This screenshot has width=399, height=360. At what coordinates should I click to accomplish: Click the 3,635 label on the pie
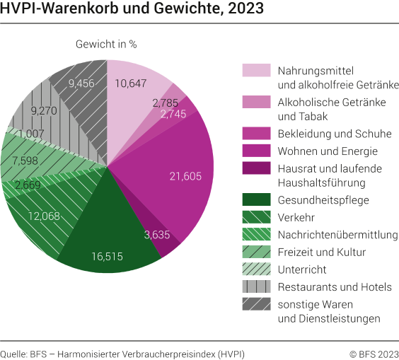[x=156, y=234]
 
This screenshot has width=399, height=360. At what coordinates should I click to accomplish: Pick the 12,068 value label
[x=44, y=215]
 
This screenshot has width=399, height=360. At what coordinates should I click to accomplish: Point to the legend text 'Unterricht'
[x=302, y=269]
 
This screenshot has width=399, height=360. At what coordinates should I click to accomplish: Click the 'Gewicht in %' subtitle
[x=106, y=44]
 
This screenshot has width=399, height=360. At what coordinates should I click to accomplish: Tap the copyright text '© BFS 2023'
[x=374, y=353]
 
